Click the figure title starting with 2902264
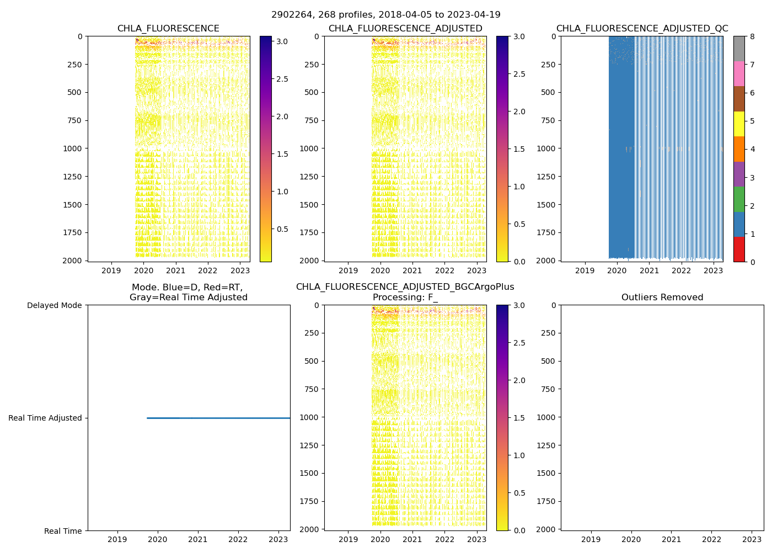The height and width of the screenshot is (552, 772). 385,15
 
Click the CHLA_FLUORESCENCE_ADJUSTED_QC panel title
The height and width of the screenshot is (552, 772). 642,29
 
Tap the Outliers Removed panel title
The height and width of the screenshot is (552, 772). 662,298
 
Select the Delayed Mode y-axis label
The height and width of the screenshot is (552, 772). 54,305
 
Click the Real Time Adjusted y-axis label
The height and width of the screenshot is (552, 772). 45,418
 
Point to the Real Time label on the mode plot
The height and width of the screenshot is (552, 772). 63,531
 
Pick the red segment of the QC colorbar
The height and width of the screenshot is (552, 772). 739,250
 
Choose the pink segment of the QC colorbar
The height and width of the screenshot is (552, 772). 739,73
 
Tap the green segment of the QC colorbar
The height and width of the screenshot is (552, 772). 739,199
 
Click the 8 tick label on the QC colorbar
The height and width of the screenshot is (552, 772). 752,36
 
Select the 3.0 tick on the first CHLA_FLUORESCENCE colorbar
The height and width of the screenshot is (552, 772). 282,41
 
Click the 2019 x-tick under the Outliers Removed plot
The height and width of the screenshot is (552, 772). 591,539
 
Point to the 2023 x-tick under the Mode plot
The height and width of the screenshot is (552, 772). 278,539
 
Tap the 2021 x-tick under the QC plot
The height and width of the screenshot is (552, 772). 649,270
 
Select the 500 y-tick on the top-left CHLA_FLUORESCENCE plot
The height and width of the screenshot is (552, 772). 74,92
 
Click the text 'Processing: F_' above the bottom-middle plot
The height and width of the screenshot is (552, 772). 405,298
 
